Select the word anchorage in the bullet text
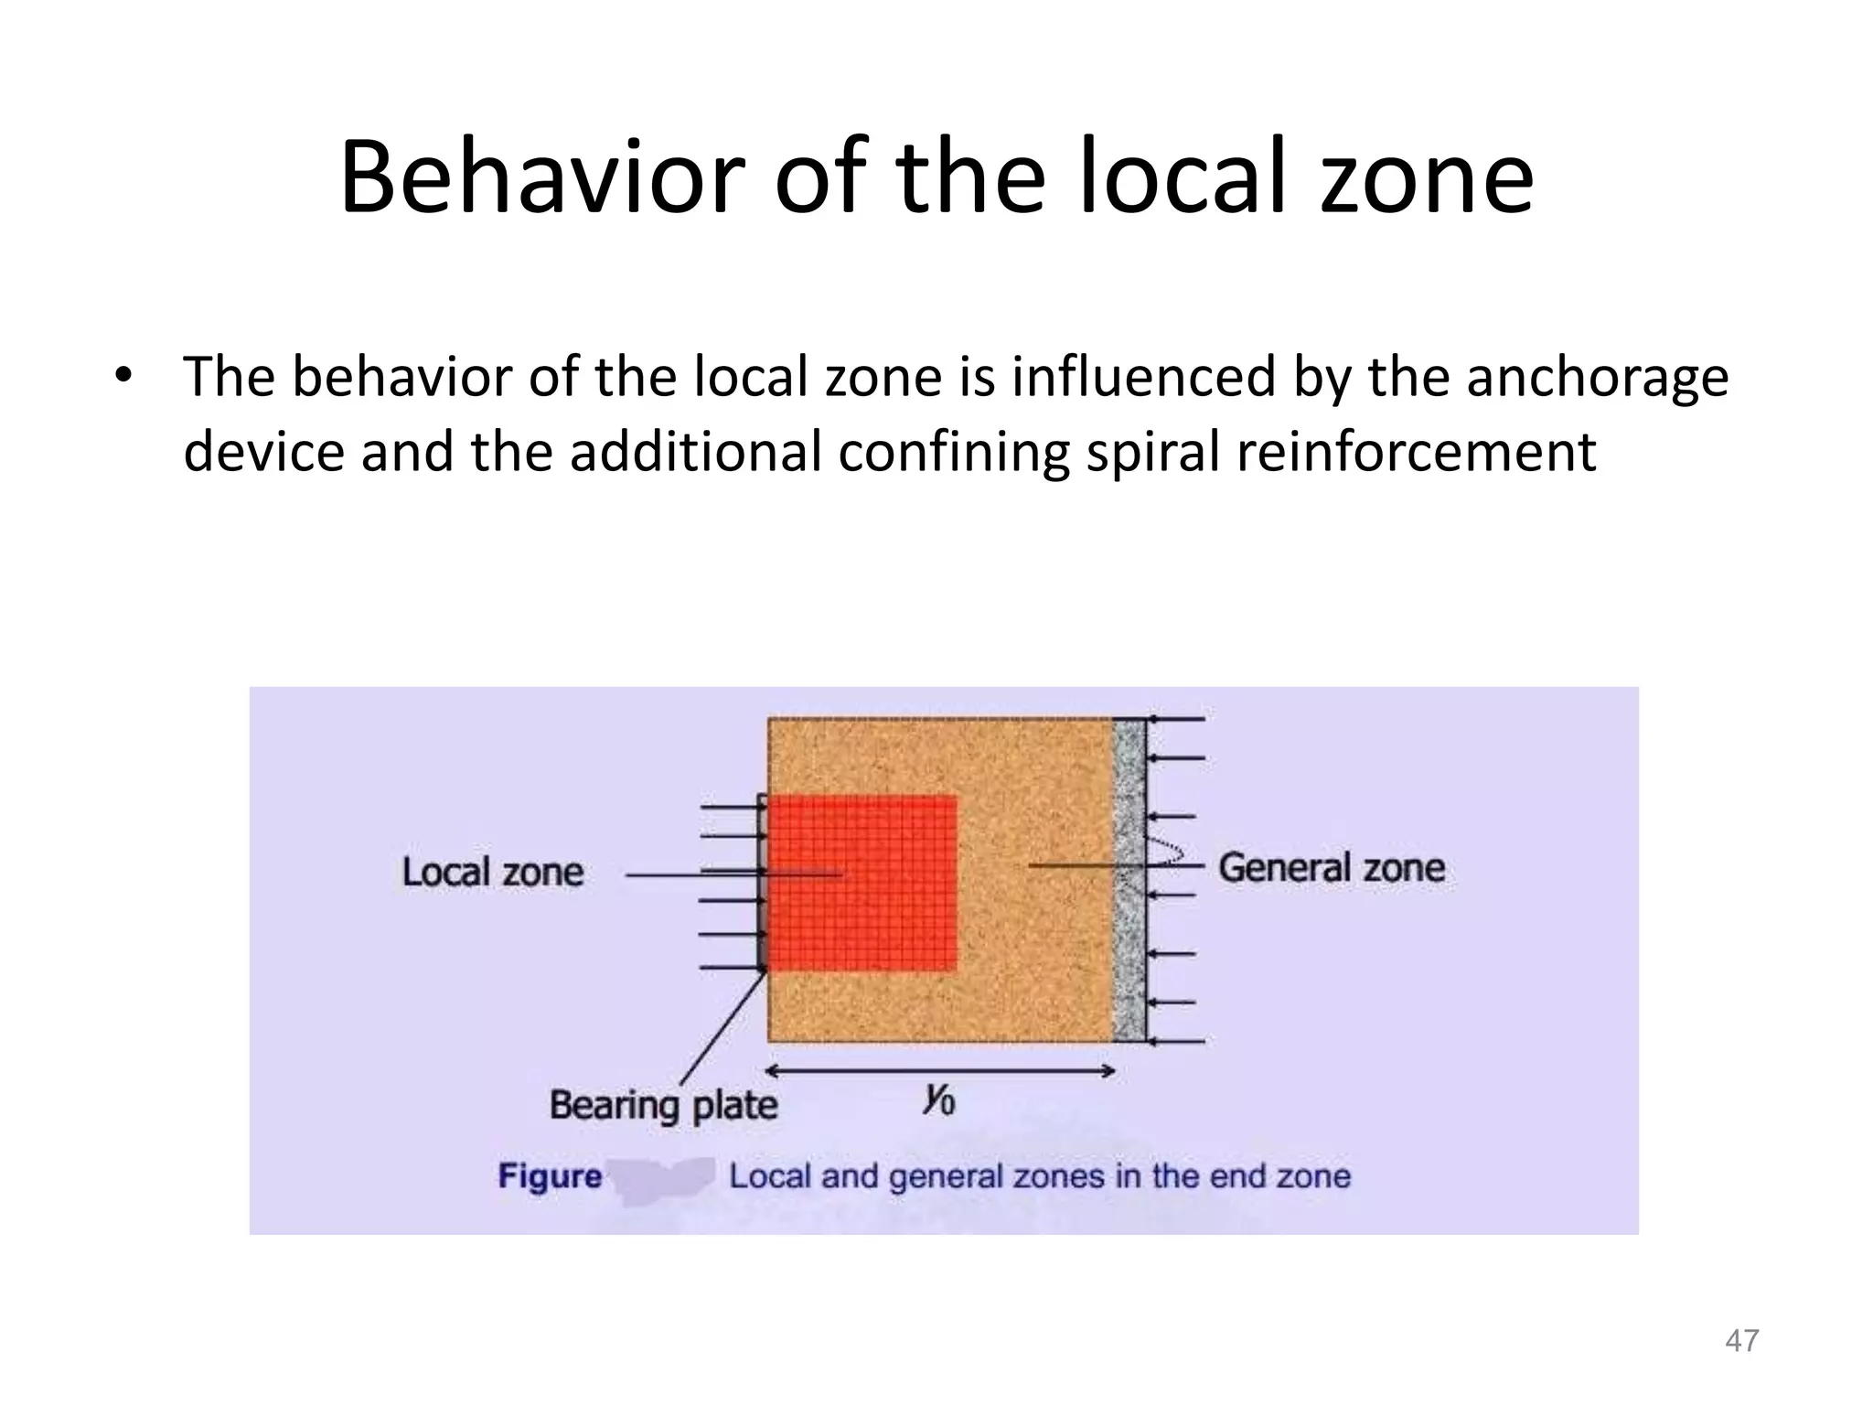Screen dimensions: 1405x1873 (x=1598, y=378)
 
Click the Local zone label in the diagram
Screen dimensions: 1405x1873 (x=493, y=872)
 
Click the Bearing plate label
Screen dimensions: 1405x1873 (x=663, y=1105)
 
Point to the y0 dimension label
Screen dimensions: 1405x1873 (x=938, y=1098)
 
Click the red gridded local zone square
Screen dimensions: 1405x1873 (x=862, y=883)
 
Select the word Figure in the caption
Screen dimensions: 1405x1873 (x=550, y=1176)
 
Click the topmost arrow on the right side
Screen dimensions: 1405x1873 (x=1176, y=720)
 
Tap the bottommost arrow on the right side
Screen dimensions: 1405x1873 (x=1176, y=1041)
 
